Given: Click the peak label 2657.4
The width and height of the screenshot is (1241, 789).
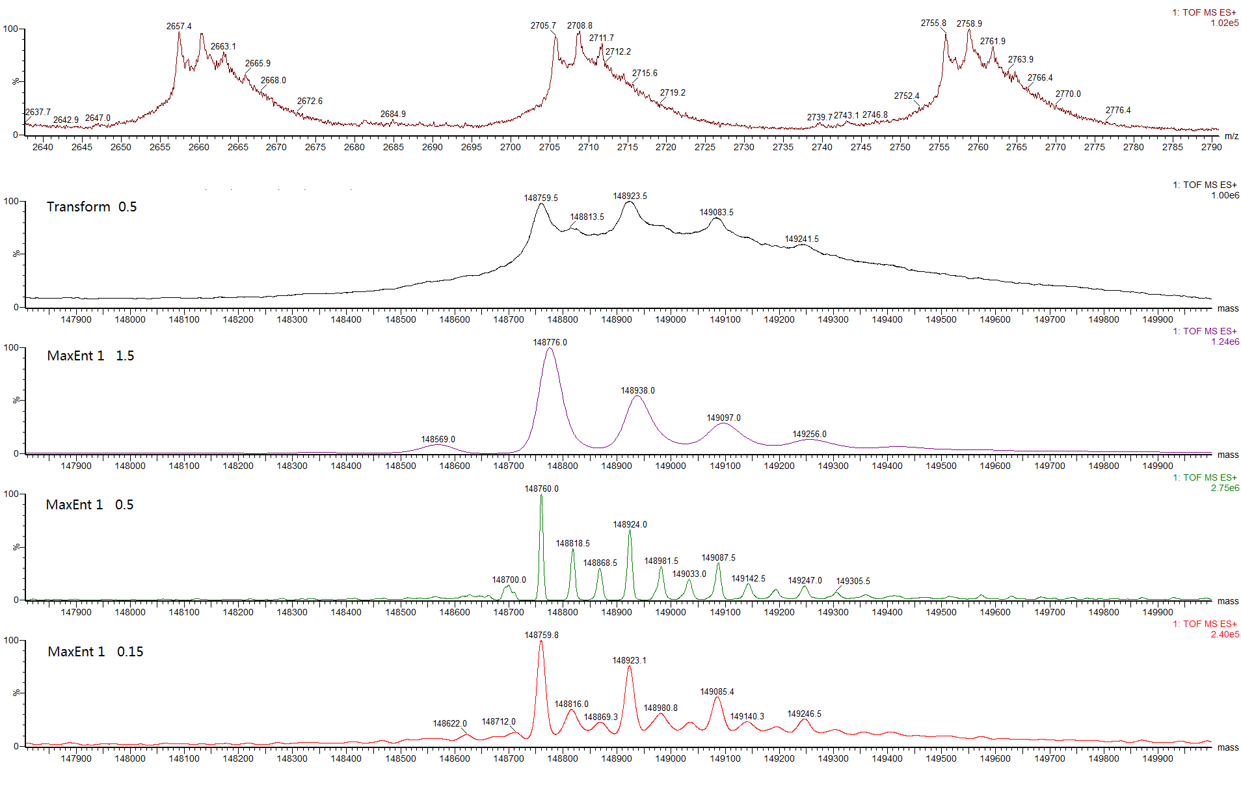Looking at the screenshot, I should click(x=179, y=27).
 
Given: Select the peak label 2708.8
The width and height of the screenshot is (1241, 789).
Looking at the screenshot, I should click(x=580, y=26).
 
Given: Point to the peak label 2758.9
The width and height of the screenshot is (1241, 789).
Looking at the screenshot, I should click(x=969, y=24).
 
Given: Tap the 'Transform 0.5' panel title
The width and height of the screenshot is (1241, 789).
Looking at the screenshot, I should click(x=92, y=207).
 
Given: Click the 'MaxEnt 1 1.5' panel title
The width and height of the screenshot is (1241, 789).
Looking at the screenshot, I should click(x=90, y=356).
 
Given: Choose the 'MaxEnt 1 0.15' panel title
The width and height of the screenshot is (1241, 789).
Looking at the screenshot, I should click(x=95, y=652).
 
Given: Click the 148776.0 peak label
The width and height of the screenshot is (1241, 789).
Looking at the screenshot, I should click(x=550, y=343).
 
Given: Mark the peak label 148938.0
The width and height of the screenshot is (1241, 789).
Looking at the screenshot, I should click(x=637, y=391).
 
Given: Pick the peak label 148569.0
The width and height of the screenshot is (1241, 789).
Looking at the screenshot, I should click(x=438, y=440).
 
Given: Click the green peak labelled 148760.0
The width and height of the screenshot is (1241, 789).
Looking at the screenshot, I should click(x=541, y=489).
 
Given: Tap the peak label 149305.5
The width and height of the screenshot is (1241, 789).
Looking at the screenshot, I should click(x=853, y=582).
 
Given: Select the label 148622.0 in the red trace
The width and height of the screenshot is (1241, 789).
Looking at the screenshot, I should click(x=449, y=724).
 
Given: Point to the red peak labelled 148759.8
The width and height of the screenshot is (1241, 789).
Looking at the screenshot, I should click(x=541, y=635).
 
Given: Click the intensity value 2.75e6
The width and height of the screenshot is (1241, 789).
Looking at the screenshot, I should click(x=1225, y=488).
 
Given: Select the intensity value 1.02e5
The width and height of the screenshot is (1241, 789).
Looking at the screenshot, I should click(x=1224, y=23).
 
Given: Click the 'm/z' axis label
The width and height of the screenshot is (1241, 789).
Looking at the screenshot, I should click(x=1231, y=137).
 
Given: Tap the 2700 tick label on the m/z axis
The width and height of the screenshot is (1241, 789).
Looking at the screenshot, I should click(x=510, y=148).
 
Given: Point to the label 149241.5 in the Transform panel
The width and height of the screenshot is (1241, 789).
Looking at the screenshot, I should click(x=801, y=239).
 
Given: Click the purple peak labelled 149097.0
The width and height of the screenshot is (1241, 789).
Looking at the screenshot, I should click(x=723, y=418).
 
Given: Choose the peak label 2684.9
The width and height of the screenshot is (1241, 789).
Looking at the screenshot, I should click(x=393, y=114).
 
